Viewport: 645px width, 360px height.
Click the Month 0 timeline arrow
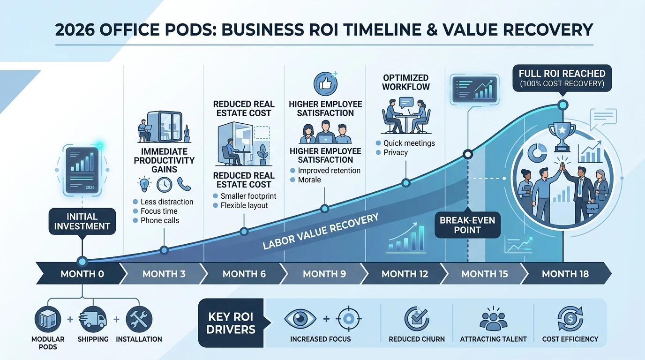pos(82,273)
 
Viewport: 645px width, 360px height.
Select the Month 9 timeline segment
pos(324,273)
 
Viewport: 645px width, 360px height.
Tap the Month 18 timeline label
pos(565,274)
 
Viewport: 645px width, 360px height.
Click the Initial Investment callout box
pos(82,221)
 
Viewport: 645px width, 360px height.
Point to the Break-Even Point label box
pos(467,225)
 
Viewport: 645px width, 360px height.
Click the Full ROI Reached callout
pos(562,78)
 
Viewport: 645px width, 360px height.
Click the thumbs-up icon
pos(325,84)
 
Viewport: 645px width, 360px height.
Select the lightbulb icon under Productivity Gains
pos(144,184)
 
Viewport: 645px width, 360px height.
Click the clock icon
pos(165,185)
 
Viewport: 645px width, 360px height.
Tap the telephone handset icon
pos(184,184)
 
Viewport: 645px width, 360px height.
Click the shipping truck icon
pos(93,319)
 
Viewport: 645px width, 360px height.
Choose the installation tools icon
pos(139,319)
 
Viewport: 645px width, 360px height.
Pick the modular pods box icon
pos(48,319)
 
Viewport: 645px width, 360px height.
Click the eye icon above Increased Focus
pos(300,319)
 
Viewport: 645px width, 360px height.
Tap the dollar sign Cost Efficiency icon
pos(570,319)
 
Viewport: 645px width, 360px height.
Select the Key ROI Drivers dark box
pos(231,323)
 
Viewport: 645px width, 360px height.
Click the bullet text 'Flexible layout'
pos(244,205)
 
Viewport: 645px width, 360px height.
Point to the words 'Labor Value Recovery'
pos(321,231)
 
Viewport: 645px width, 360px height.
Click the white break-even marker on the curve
pos(468,154)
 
